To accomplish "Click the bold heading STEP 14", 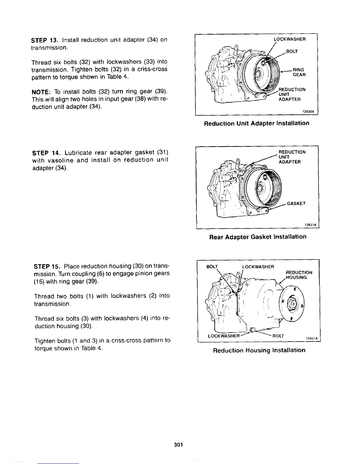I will point(44,153).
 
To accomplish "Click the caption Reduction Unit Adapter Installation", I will point(256,123).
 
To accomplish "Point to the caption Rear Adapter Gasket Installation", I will point(258,237).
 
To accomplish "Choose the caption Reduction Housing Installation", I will point(259,350).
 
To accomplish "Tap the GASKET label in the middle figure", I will point(296,204).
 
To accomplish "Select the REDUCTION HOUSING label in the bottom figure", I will point(299,275).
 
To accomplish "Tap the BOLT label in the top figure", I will point(292,51).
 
